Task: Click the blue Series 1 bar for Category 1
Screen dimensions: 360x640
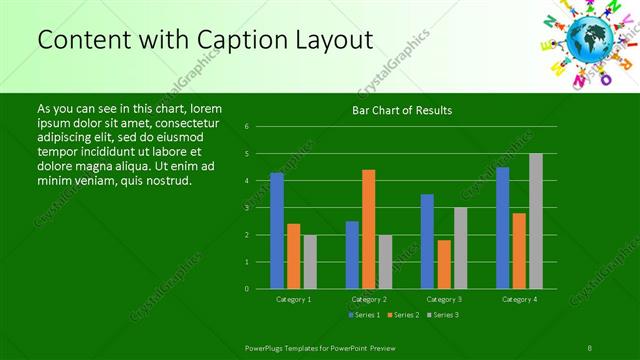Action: pos(277,231)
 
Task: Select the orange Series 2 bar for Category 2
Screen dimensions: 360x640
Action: pos(368,229)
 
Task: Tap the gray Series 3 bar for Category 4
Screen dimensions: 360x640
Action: pos(536,221)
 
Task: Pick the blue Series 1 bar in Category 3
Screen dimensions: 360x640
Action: pos(427,241)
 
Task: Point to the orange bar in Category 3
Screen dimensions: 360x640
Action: pos(444,264)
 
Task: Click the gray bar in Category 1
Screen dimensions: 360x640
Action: pos(310,262)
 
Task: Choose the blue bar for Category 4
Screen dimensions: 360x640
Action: pos(503,228)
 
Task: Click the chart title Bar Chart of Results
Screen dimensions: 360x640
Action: pos(402,110)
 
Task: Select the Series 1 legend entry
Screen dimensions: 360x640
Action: pos(364,315)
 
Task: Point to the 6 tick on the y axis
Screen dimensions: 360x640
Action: pos(246,127)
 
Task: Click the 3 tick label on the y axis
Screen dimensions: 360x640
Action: pos(246,208)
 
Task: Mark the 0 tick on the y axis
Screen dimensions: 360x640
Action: pos(246,289)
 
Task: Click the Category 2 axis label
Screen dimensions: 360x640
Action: pos(369,299)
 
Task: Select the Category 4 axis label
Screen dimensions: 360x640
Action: pos(519,299)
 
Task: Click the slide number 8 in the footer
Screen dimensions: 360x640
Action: pos(591,346)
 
